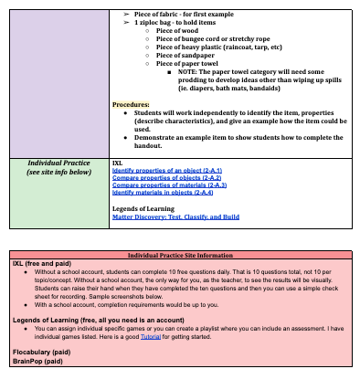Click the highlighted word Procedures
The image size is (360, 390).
tap(131, 105)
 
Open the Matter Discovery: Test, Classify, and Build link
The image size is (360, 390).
tap(175, 217)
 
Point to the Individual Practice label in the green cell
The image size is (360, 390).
tap(58, 163)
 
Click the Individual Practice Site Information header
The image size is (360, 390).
tap(181, 256)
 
